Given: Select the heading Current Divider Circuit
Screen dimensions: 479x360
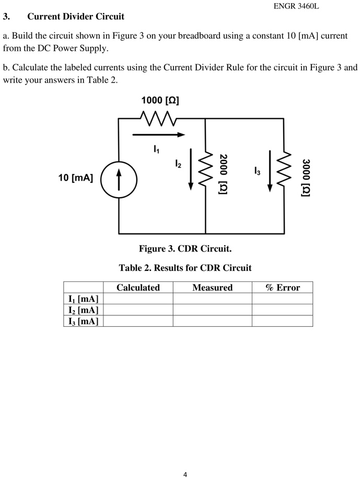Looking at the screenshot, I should (76, 17).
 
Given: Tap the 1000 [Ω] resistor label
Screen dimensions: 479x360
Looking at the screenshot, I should (160, 100).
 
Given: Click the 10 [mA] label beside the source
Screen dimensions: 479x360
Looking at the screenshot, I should (76, 178).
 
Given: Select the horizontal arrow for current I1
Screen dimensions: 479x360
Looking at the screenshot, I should (158, 135).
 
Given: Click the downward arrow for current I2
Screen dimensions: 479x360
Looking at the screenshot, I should (191, 169).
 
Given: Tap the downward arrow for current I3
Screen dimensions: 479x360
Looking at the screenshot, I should (270, 170).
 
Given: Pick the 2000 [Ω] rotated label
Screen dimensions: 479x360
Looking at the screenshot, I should (223, 174).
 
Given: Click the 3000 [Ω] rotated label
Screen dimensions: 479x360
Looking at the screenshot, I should (306, 177).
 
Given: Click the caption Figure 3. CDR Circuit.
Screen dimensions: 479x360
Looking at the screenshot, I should (185, 248).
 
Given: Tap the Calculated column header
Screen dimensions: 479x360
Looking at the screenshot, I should (138, 287).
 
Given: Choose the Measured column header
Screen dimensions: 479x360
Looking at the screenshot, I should (212, 287).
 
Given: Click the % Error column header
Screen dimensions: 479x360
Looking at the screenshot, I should (282, 287).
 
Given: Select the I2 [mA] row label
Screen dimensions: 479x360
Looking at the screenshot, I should (84, 310).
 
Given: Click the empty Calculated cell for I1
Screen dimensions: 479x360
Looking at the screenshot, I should (138, 299).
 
